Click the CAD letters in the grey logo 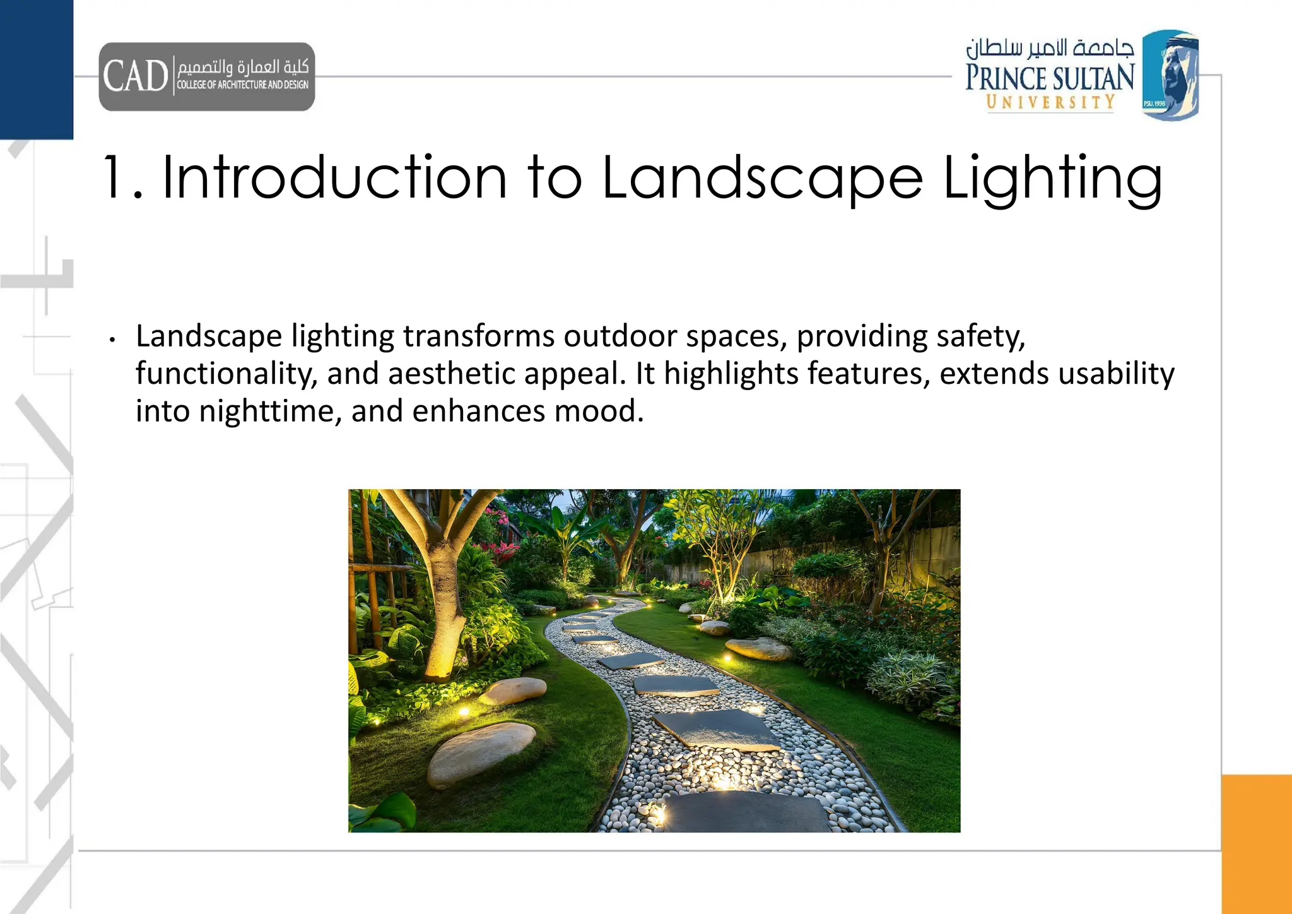136,76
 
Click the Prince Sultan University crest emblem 1170,75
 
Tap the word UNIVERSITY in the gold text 1050,102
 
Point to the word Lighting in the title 1052,179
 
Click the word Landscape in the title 763,179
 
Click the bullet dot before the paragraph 112,340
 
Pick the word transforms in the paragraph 480,336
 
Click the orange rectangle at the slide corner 1256,843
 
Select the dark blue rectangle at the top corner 37,69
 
